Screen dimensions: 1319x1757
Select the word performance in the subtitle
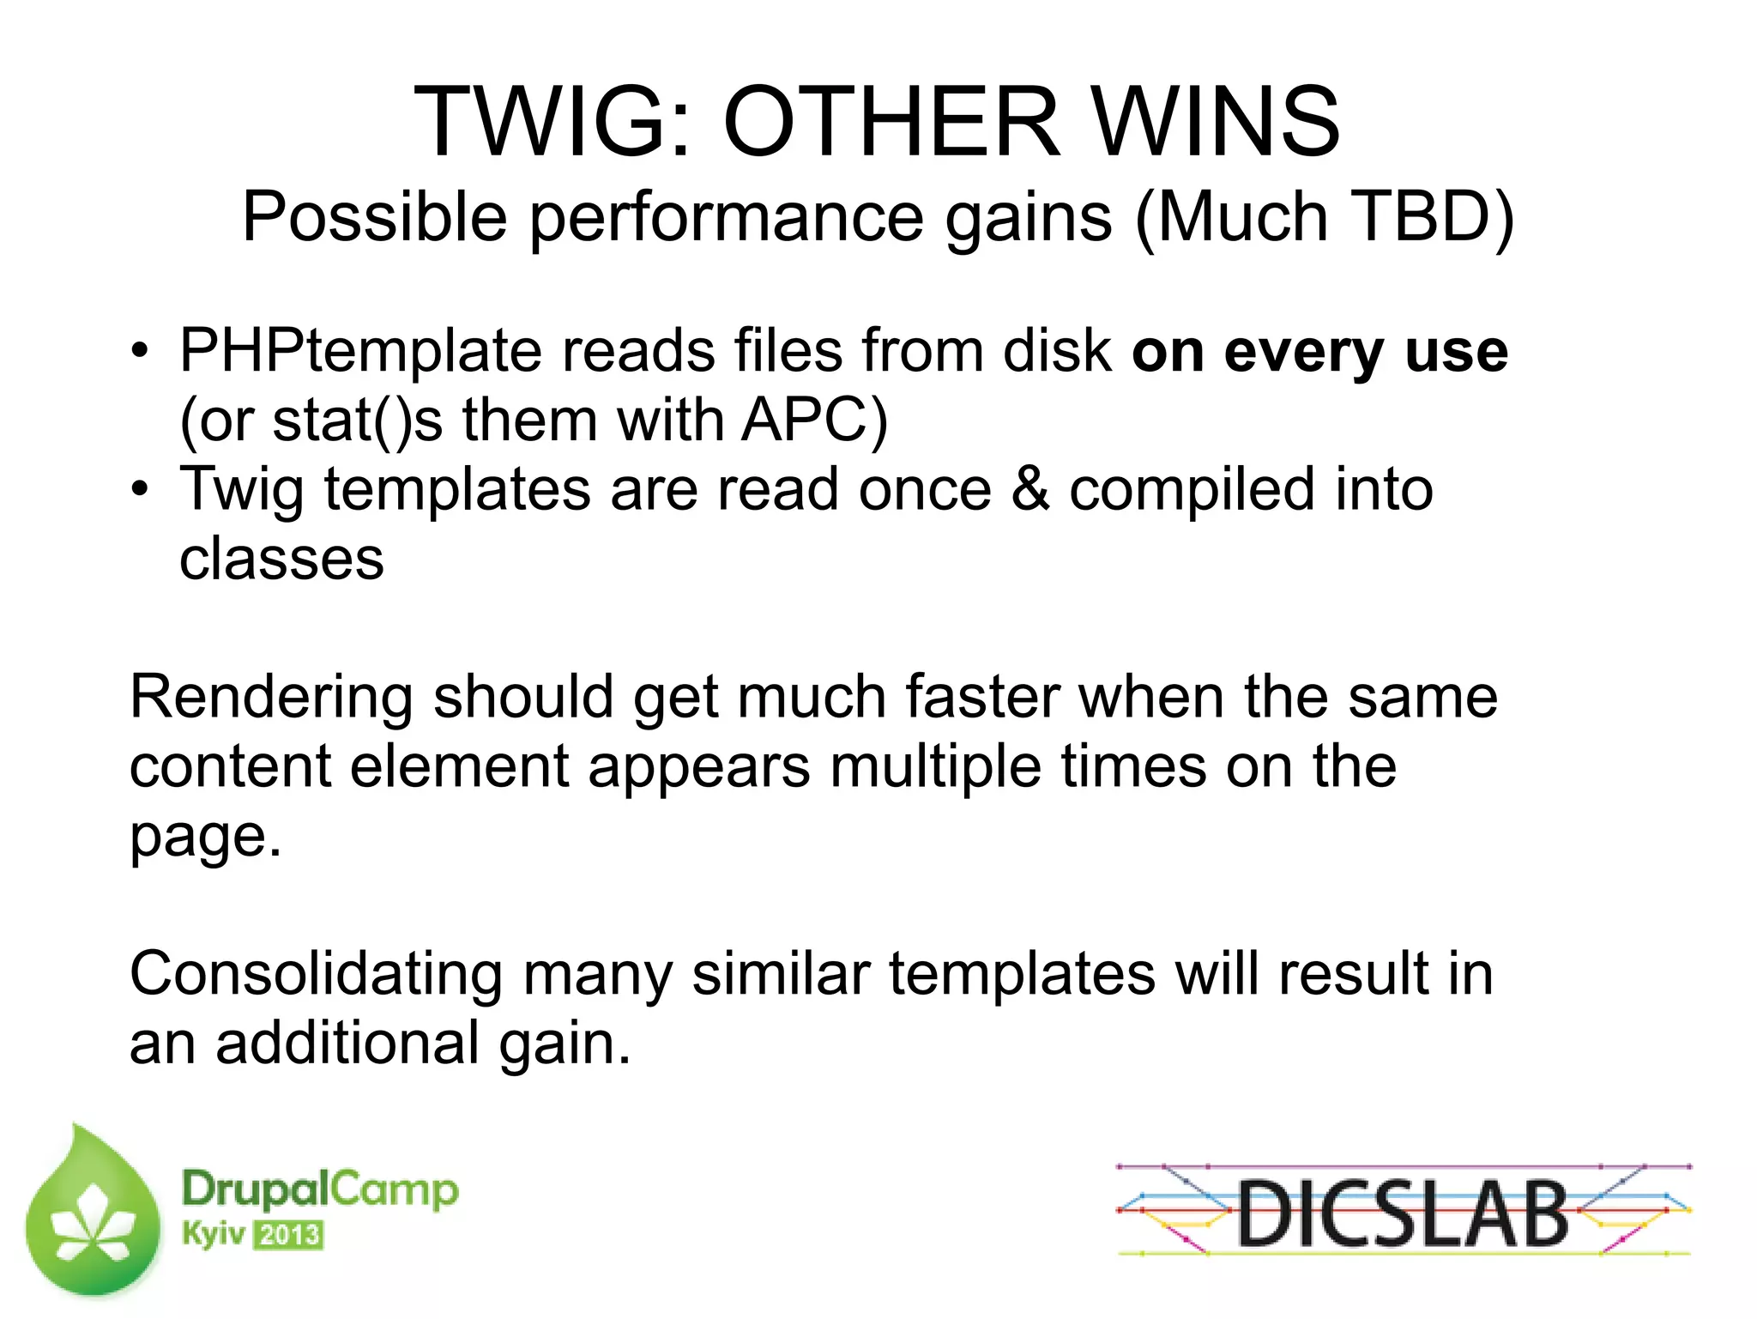(726, 217)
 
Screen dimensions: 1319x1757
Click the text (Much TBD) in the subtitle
(1325, 217)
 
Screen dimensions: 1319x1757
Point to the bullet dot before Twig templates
(140, 489)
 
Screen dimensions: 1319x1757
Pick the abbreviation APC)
(814, 421)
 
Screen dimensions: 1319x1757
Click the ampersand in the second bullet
(1029, 489)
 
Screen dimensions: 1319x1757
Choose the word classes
(281, 559)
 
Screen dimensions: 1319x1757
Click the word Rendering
(271, 697)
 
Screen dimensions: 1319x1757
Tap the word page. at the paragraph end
(205, 837)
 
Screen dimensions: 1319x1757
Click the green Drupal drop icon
(93, 1214)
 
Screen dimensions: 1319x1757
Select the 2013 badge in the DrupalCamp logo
(289, 1236)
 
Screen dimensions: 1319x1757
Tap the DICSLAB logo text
(1403, 1213)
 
